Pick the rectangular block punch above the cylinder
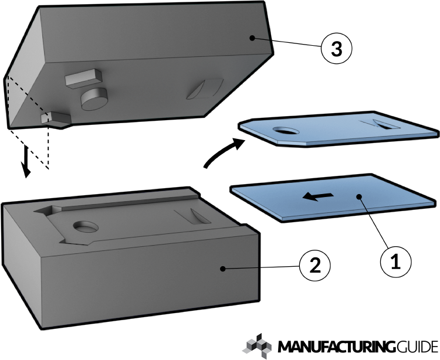coord(82,77)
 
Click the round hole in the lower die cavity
coord(88,226)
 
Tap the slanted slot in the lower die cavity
coord(197,216)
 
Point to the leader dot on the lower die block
coord(223,268)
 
